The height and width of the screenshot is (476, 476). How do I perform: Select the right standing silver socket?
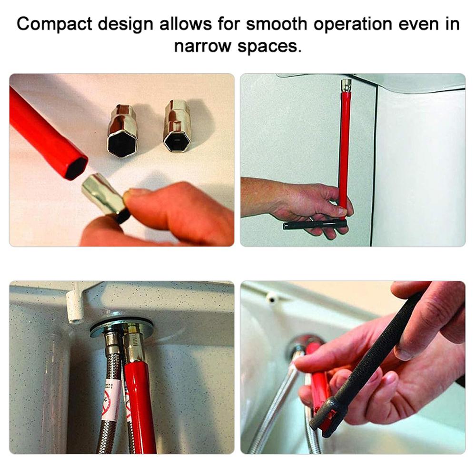pos(178,126)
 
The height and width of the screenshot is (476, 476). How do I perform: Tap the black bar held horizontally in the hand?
pos(314,224)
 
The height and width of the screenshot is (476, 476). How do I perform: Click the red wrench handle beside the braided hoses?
pos(140,405)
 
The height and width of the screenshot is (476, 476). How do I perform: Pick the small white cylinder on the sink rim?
pos(272,297)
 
